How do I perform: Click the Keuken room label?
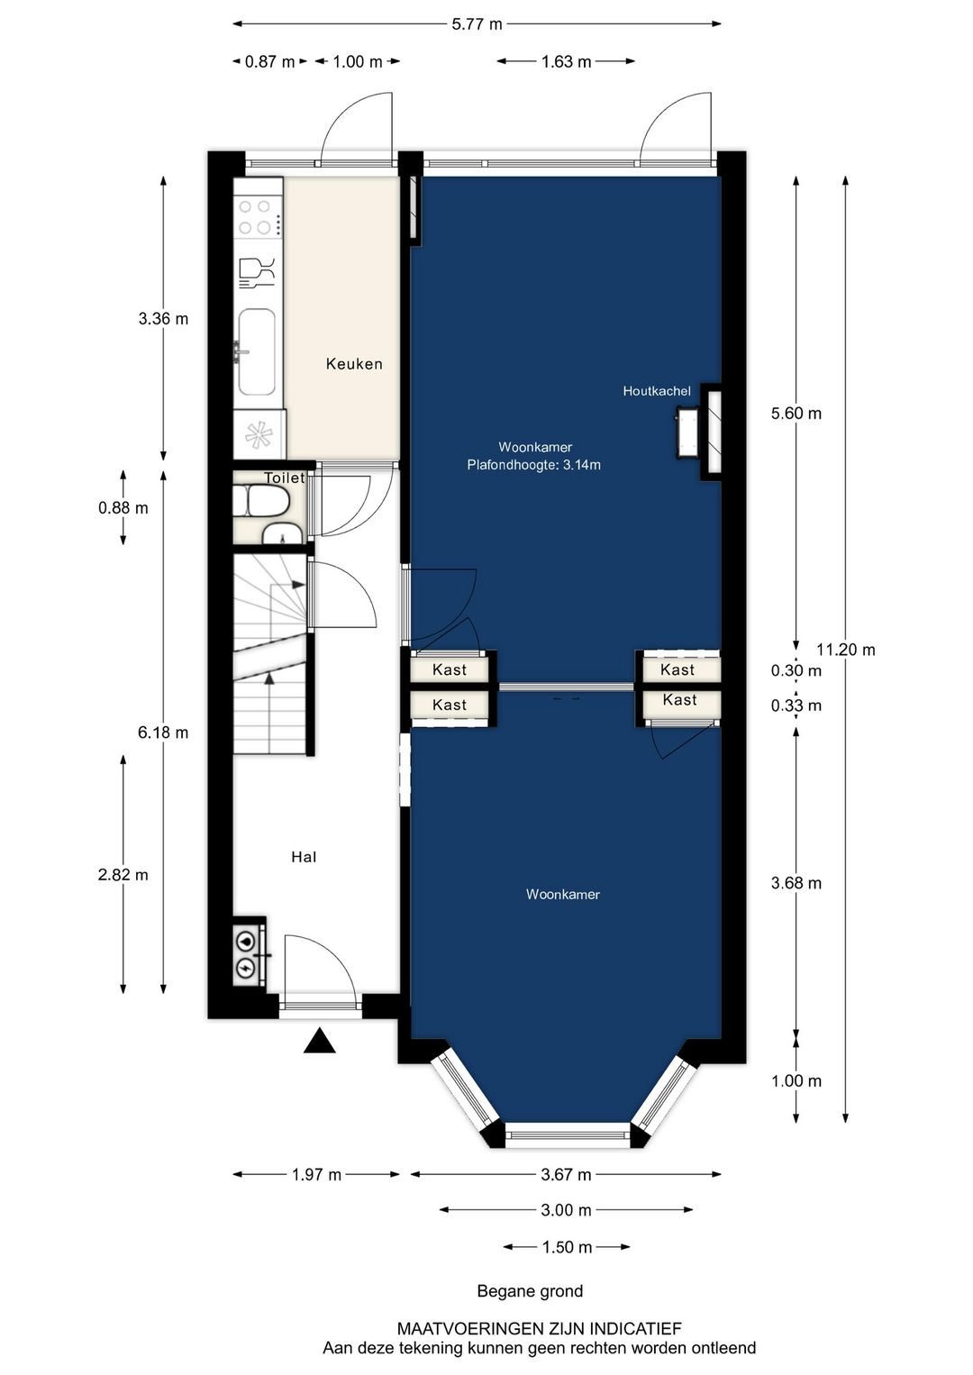354,364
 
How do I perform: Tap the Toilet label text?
284,478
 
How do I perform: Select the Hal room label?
304,857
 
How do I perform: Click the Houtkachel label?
657,391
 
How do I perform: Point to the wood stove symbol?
687,433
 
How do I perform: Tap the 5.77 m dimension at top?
477,24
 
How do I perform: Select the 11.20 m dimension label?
845,650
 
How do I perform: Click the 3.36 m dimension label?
163,319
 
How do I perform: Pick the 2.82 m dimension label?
123,874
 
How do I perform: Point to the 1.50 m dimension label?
567,1247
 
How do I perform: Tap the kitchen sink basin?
257,351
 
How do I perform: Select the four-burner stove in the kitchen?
255,217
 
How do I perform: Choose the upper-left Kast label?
450,669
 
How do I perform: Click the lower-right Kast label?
679,700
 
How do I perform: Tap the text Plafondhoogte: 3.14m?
533,465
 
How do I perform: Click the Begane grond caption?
530,1291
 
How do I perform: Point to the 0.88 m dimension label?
123,507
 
